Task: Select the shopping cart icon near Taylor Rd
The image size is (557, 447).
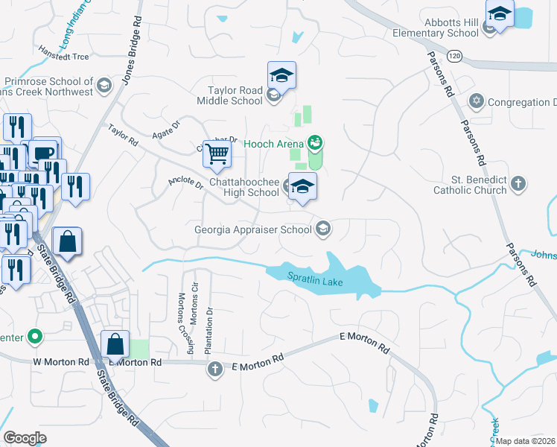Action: [217, 154]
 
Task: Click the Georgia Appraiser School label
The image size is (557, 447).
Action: [252, 229]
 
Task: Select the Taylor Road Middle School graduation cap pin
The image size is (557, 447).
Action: [281, 75]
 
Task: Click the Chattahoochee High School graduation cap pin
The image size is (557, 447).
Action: [302, 186]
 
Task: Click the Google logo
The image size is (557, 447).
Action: [25, 437]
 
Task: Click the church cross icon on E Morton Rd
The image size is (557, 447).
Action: [215, 368]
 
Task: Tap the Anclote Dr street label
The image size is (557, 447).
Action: [185, 183]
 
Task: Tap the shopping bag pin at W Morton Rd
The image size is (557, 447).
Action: [115, 345]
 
